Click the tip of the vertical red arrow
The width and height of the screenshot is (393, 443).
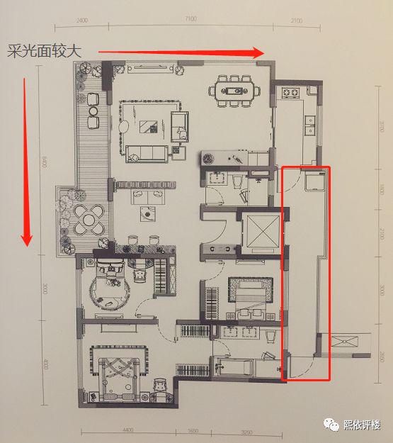27,245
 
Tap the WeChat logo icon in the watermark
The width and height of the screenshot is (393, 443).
330,424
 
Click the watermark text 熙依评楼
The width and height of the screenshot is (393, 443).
361,425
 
